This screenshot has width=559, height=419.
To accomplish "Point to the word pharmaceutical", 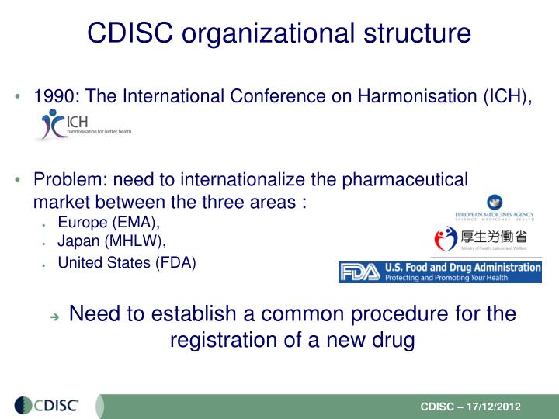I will [x=411, y=179].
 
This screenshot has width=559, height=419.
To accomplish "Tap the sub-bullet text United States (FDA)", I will [x=127, y=262].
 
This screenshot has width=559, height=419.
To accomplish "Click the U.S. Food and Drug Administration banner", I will [x=439, y=272].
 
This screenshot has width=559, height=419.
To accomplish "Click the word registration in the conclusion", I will [x=226, y=341].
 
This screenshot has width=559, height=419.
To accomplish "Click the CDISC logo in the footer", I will [x=51, y=405].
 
